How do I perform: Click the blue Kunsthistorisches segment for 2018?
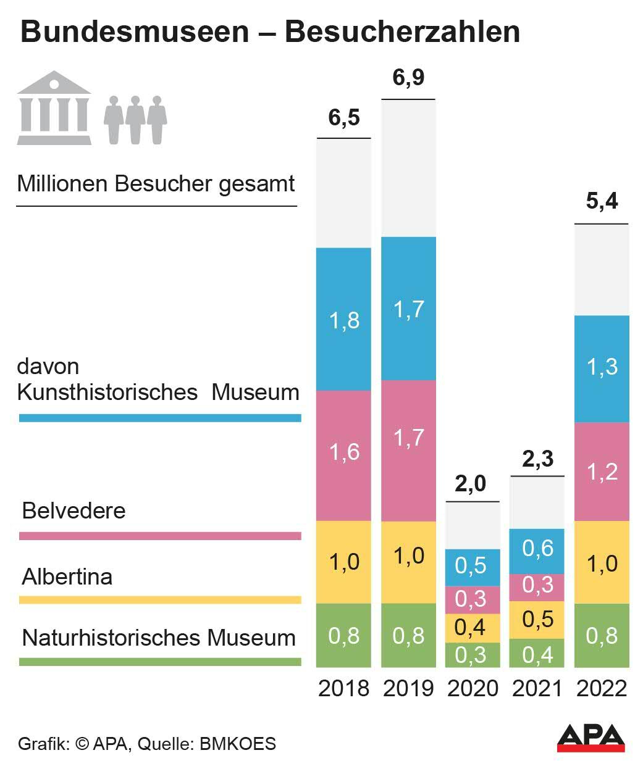(343, 319)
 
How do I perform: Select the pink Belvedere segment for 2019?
(408, 450)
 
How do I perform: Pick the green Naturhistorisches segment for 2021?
(537, 653)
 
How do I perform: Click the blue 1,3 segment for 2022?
(602, 368)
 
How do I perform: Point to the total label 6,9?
(408, 78)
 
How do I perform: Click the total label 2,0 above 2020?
(471, 484)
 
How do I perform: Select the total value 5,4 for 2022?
(602, 201)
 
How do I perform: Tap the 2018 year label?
(343, 688)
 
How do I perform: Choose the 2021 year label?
(537, 688)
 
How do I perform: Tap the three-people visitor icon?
(135, 120)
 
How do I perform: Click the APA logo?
(590, 738)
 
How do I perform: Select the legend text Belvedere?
(74, 511)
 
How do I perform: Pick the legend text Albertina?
(67, 577)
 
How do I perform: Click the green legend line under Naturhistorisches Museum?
(160, 662)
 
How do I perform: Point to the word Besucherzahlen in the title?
(402, 31)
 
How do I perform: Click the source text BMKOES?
(238, 743)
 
